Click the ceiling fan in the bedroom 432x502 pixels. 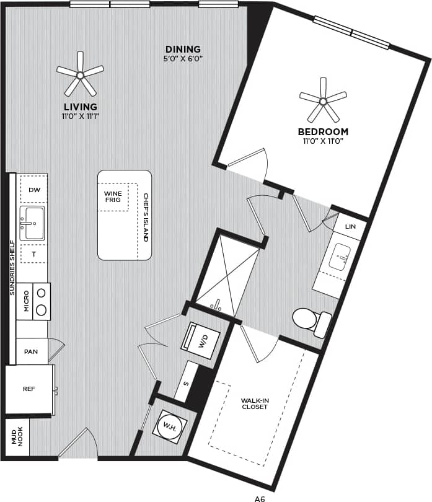(323, 100)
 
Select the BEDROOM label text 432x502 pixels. (323, 131)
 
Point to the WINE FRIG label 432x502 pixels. (113, 197)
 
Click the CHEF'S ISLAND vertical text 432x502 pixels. (146, 217)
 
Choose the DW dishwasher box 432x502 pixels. (33, 190)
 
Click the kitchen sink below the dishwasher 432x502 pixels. (32, 223)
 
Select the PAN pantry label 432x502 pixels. (30, 351)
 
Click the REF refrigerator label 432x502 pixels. (29, 389)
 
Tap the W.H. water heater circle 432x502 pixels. (168, 426)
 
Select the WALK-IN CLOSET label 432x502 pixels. (254, 403)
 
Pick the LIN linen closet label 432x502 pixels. (350, 227)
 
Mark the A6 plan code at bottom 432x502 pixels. (260, 497)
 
